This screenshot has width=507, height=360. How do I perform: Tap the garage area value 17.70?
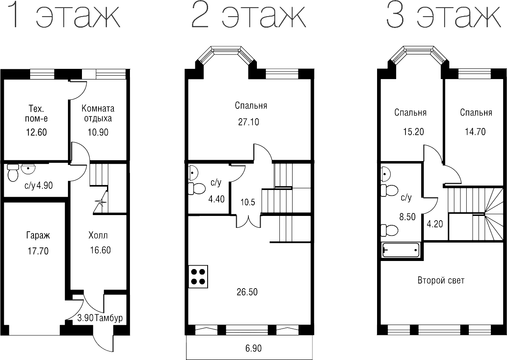(x=37, y=251)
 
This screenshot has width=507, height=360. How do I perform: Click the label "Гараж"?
(x=37, y=235)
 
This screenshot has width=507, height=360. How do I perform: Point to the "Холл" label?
(x=98, y=235)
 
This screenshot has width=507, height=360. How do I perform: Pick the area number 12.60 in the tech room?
(x=36, y=132)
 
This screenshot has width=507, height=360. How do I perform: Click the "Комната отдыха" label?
(x=98, y=113)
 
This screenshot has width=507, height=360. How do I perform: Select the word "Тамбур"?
(x=109, y=318)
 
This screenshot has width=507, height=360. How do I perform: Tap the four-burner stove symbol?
(x=198, y=276)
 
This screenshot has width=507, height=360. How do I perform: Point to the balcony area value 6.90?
(x=253, y=349)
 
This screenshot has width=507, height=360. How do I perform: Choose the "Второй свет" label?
(x=441, y=281)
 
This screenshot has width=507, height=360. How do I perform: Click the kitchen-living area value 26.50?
(x=248, y=292)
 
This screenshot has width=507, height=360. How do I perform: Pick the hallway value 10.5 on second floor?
(x=248, y=202)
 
